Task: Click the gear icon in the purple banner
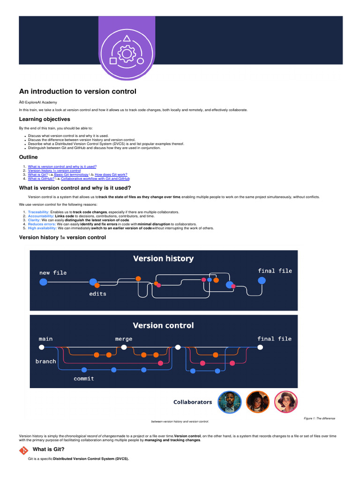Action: pyautogui.click(x=126, y=54)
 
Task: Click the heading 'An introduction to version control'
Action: pyautogui.click(x=77, y=92)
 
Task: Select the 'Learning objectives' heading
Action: pyautogui.click(x=45, y=119)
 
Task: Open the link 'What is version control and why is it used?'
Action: pyautogui.click(x=62, y=166)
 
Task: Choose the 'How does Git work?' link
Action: pyautogui.click(x=111, y=174)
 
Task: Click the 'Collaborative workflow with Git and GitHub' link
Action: pyautogui.click(x=95, y=179)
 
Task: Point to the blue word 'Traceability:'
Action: pyautogui.click(x=38, y=212)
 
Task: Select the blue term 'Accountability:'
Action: pyautogui.click(x=41, y=216)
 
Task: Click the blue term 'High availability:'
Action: pyautogui.click(x=42, y=228)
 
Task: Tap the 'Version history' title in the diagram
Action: pyautogui.click(x=163, y=258)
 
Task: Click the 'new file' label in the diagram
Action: pyautogui.click(x=53, y=272)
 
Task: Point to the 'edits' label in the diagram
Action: pyautogui.click(x=97, y=294)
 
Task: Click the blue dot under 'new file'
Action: pyautogui.click(x=44, y=282)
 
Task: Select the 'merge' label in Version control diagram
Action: pyautogui.click(x=124, y=339)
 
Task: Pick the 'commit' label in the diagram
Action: pyautogui.click(x=83, y=378)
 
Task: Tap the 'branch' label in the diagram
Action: pyautogui.click(x=45, y=361)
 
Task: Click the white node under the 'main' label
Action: pyautogui.click(x=42, y=347)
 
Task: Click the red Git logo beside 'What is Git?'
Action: pyautogui.click(x=23, y=450)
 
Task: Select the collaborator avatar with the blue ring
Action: pyautogui.click(x=230, y=402)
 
